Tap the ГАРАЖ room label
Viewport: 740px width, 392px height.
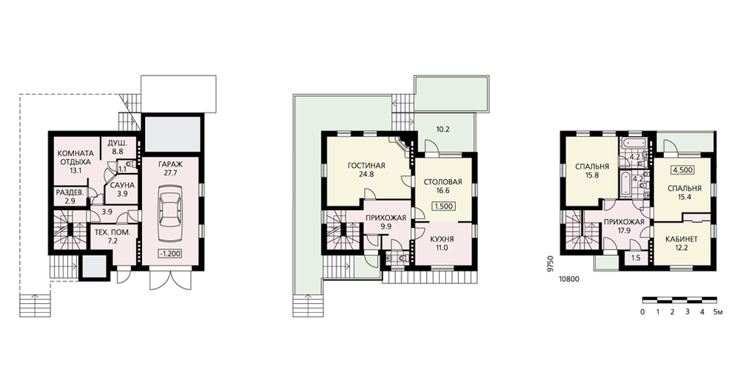click(171, 164)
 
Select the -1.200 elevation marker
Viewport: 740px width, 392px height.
click(170, 254)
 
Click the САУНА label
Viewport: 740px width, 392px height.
click(122, 186)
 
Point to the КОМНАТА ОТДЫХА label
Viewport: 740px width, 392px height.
click(75, 158)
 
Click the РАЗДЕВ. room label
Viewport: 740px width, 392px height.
click(70, 192)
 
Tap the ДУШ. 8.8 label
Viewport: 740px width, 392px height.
click(115, 147)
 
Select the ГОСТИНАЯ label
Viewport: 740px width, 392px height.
click(366, 166)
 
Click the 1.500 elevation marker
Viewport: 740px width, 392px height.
click(443, 206)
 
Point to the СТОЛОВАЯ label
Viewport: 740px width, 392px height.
click(443, 182)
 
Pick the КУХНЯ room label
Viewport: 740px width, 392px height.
click(443, 239)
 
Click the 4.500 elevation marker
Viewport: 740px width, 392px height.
click(682, 170)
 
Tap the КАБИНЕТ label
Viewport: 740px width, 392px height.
click(682, 239)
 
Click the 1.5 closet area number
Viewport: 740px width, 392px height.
click(636, 257)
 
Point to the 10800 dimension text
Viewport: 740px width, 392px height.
click(568, 279)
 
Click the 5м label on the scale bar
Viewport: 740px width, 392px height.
click(717, 312)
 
